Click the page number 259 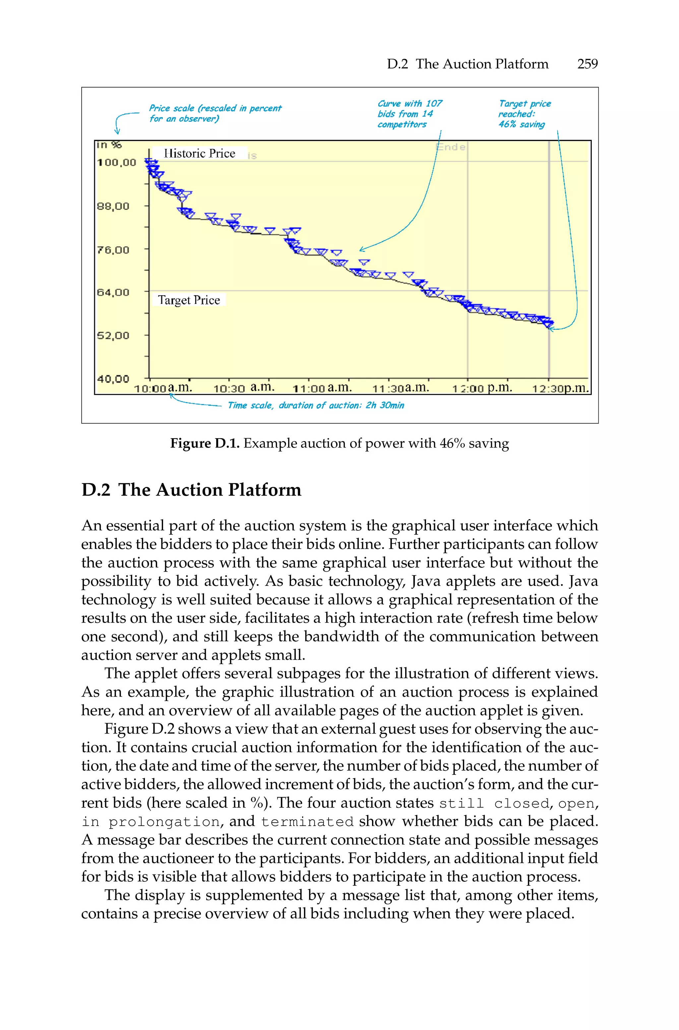[587, 64]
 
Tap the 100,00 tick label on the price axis [116, 163]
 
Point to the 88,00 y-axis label [113, 206]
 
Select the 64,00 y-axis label [113, 292]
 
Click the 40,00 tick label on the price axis [113, 379]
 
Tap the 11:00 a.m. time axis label [322, 388]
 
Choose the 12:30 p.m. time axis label [561, 388]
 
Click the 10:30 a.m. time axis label [244, 388]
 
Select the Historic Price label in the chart [200, 153]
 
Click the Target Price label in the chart [189, 300]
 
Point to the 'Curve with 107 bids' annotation [409, 114]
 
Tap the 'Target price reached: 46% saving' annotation [524, 114]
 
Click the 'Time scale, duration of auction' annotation [316, 405]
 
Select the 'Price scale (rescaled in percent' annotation [215, 113]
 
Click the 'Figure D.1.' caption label [204, 444]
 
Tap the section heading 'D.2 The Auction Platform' [191, 490]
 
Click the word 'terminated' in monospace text [307, 822]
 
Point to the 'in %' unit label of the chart [109, 145]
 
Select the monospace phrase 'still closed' [494, 804]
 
